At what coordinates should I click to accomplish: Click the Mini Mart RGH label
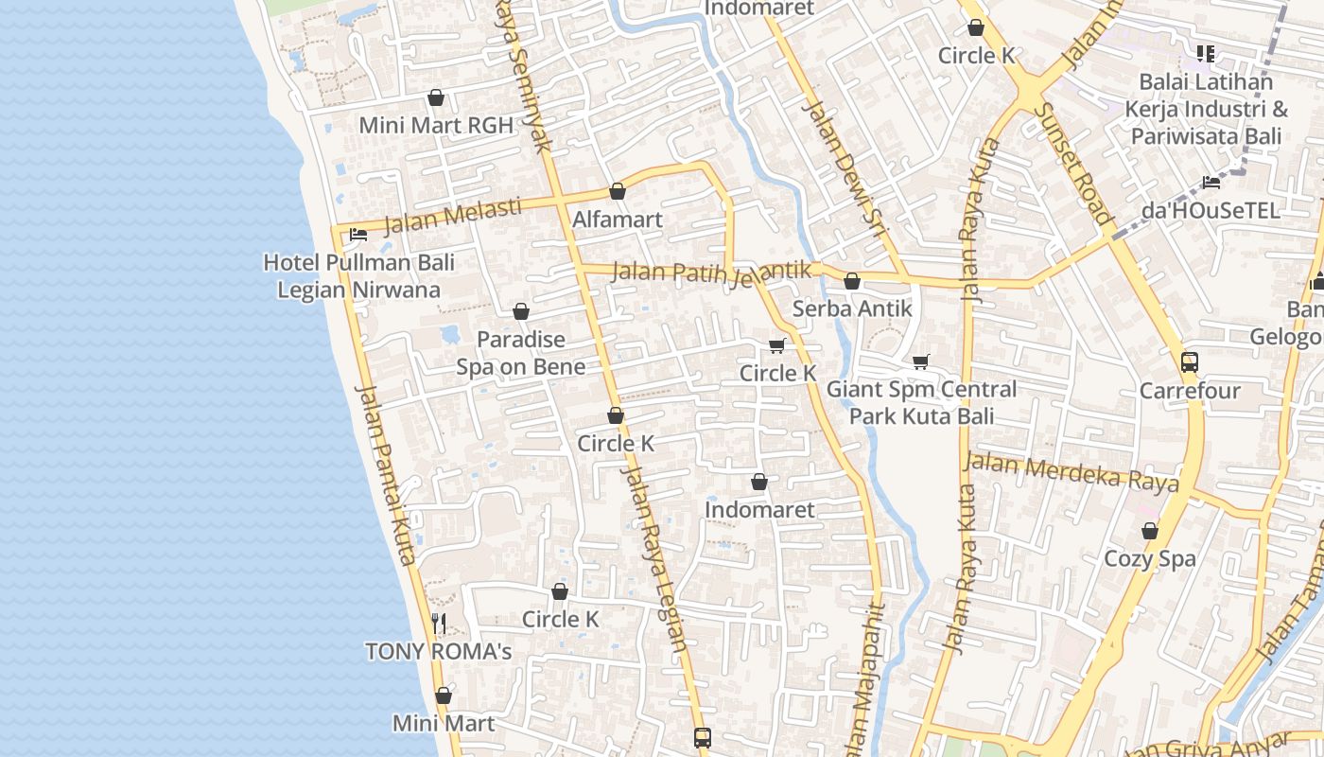(436, 125)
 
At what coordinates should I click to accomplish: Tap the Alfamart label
(618, 220)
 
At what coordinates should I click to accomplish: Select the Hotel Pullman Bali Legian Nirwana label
(358, 275)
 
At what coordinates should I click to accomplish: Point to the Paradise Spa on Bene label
(521, 353)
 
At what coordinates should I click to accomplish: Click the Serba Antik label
(852, 308)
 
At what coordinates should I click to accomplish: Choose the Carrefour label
(1190, 391)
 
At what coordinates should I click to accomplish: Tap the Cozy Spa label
(1150, 558)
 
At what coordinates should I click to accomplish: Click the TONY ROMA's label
(438, 651)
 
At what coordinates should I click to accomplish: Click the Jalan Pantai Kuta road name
(385, 475)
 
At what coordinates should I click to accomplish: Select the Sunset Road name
(1072, 163)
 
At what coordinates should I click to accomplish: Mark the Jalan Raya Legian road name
(653, 558)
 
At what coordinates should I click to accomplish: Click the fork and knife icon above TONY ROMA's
(438, 623)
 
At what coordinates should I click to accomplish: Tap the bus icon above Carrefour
(1190, 362)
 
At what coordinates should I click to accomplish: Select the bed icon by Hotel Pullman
(357, 235)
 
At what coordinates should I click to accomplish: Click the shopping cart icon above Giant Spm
(921, 361)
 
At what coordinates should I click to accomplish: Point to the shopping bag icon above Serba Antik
(852, 281)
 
